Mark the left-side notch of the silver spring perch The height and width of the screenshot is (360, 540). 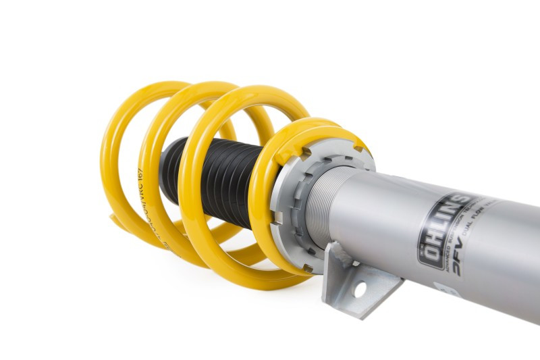[x=279, y=217]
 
